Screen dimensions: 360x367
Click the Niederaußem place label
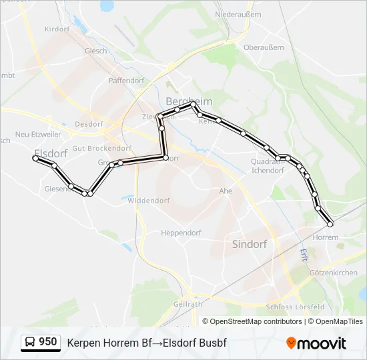[x=237, y=14]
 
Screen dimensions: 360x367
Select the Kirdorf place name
[x=57, y=29]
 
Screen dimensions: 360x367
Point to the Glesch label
[x=96, y=51]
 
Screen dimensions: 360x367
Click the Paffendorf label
[x=127, y=81]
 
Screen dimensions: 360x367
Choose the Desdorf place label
[x=89, y=124]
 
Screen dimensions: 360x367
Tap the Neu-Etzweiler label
[x=38, y=134]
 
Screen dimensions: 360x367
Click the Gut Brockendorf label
[x=101, y=148]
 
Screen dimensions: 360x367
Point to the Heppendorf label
[x=181, y=233]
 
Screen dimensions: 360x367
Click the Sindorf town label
[x=249, y=244]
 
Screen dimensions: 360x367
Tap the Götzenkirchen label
[x=334, y=273]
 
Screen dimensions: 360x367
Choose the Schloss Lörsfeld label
[x=295, y=307]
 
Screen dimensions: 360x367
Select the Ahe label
[x=225, y=191]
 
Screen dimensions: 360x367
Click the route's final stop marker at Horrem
[x=330, y=224]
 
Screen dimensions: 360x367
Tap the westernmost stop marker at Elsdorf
[x=36, y=158]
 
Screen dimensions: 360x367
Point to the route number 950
[x=48, y=342]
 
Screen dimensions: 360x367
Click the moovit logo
[x=316, y=343]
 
